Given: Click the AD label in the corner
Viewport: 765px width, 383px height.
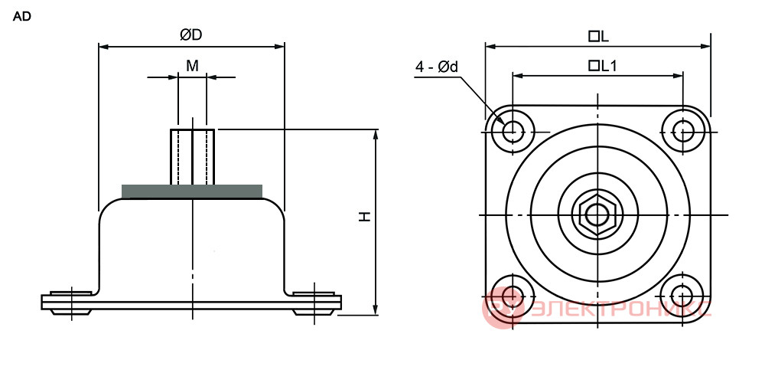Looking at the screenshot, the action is coord(21,17).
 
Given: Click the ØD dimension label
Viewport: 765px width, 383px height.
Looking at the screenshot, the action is coord(190,35).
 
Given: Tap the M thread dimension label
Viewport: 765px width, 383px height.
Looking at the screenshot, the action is coord(192,65).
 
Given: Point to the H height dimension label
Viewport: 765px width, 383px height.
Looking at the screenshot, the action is coord(365,217).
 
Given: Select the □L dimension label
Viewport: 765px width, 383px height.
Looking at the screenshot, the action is coord(599,37).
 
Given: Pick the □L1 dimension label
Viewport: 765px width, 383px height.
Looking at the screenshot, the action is coord(603,66).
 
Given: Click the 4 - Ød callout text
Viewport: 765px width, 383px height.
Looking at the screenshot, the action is coord(437,67).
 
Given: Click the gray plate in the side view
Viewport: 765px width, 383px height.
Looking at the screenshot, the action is coord(192,191).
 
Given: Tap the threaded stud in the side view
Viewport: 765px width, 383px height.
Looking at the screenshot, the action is coord(192,157).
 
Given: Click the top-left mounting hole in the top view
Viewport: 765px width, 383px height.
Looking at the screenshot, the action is coord(512,130).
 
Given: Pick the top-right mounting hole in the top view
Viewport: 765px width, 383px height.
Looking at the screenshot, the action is coord(683,130).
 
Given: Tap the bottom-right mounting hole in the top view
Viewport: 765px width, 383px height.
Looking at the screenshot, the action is coord(682,295).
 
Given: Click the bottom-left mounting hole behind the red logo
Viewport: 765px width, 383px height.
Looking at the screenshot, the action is coord(511,296).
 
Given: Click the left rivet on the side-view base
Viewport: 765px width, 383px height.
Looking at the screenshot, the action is coord(71,303).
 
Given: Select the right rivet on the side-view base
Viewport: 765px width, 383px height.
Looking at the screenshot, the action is coord(314,303).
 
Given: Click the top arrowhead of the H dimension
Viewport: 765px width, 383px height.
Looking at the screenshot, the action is coord(375,134).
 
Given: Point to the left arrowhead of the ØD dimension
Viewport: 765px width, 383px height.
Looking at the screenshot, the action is coord(104,47).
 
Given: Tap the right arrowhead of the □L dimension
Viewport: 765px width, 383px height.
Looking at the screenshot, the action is coord(705,47).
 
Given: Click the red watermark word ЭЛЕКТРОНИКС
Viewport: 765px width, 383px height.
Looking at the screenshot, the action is coord(620,309).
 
